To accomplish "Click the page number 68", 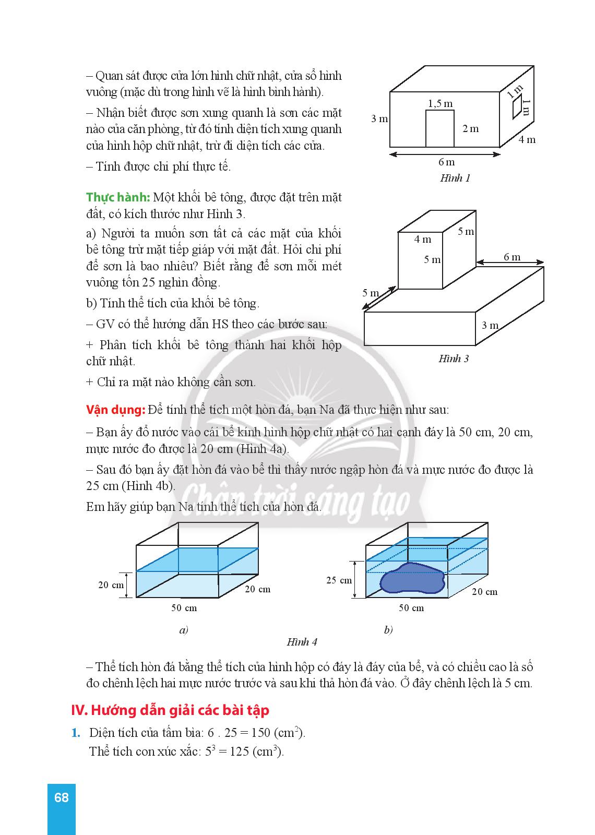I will click(61, 797).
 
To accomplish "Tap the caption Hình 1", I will click(455, 178).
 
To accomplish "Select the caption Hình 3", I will click(453, 359).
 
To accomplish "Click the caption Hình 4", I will click(302, 642).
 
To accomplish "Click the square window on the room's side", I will click(517, 108).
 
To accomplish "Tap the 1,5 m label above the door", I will click(440, 103).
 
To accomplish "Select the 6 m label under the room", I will click(446, 163).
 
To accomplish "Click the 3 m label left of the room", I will click(379, 119).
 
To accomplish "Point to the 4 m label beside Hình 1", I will click(527, 139).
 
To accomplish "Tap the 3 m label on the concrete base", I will click(490, 326).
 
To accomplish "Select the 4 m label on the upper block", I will click(423, 240).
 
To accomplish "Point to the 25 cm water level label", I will click(339, 580).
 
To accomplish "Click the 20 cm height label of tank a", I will click(111, 585).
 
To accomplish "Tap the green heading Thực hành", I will click(118, 197).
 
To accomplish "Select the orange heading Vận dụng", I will click(115, 410).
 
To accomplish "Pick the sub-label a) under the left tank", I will click(183, 630).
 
